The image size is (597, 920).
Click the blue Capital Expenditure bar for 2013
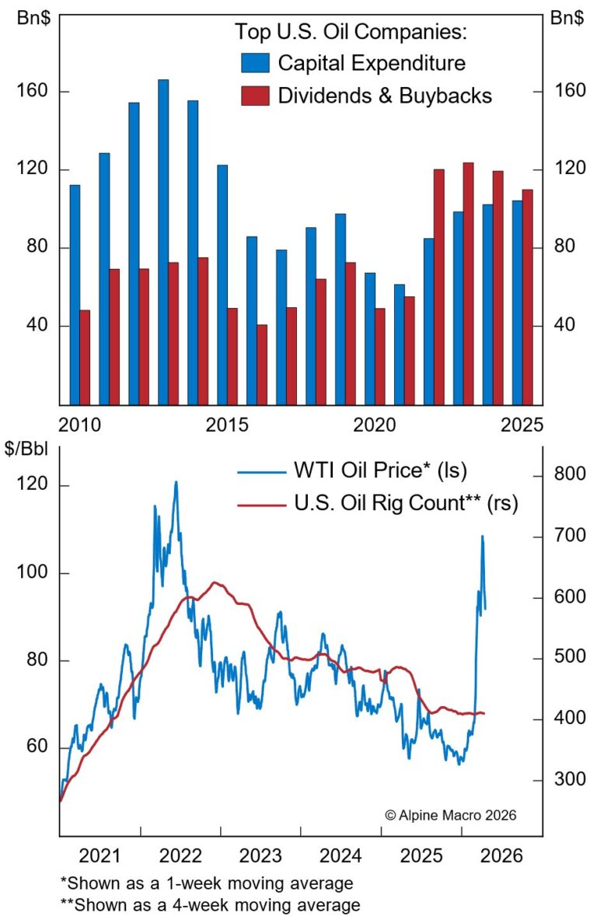point(163,241)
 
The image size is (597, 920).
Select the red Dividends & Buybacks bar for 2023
point(468,283)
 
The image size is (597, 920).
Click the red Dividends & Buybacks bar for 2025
point(527,296)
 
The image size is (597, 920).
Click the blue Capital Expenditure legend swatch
point(255,63)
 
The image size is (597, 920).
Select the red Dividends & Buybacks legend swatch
point(255,95)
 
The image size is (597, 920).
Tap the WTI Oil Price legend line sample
point(261,470)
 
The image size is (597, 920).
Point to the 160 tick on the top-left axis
point(31,92)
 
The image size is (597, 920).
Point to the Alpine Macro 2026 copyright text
point(450,814)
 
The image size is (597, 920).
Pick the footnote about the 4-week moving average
point(210,904)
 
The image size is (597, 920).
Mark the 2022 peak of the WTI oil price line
point(176,482)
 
